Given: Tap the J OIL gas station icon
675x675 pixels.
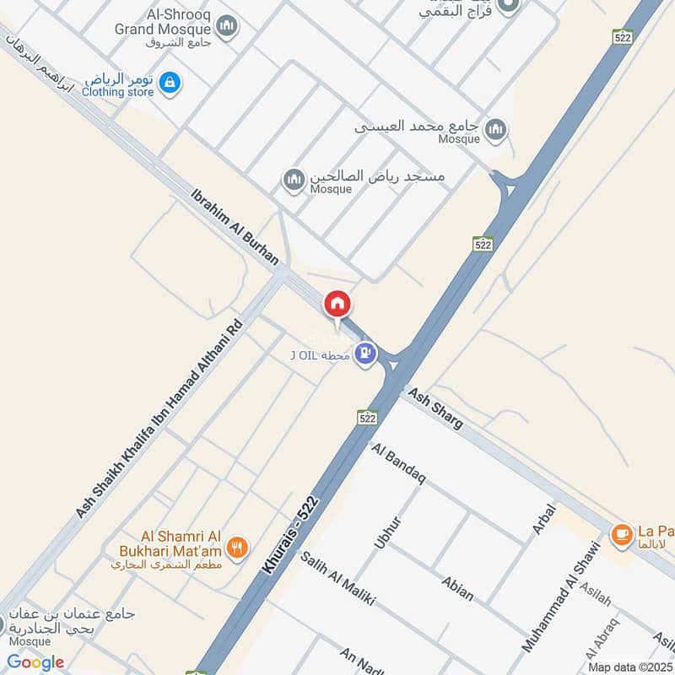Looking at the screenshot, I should [x=365, y=354].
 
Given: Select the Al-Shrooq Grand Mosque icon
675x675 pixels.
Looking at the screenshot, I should [x=226, y=28].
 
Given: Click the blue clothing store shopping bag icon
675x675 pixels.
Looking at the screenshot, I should [x=170, y=83].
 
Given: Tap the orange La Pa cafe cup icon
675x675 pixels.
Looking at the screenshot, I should [x=622, y=533].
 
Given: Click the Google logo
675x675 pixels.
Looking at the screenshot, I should [x=35, y=662].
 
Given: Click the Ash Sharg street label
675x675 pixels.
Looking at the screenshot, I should [x=435, y=409].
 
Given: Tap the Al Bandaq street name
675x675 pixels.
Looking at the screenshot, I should [x=398, y=463].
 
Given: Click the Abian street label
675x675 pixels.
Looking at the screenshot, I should [x=456, y=588].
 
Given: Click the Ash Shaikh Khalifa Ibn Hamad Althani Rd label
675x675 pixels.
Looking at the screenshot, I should [x=159, y=419].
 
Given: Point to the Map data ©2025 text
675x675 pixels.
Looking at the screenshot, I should [x=629, y=667].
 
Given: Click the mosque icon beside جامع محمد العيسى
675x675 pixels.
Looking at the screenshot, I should [x=496, y=129].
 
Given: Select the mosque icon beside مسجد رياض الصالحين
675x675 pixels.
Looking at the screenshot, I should [x=294, y=180].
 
